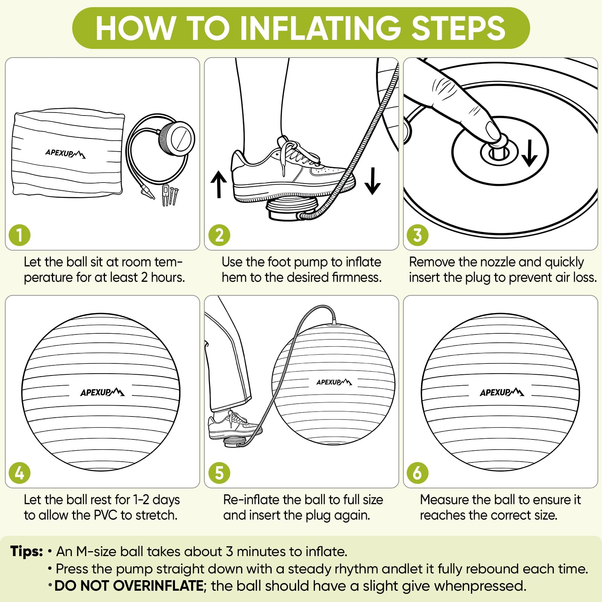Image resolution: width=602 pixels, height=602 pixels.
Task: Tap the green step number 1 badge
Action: [x=20, y=235]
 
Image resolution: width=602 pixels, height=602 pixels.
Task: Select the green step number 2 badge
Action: [x=219, y=235]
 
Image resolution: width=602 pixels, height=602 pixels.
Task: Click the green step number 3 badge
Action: [x=418, y=235]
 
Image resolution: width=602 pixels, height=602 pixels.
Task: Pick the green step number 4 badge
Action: [x=20, y=473]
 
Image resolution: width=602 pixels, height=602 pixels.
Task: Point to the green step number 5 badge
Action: [x=219, y=473]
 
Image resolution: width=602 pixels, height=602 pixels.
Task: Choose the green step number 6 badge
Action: [x=418, y=473]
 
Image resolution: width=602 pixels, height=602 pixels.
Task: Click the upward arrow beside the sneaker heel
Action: [x=219, y=184]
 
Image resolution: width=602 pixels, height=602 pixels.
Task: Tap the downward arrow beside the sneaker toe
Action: [x=372, y=181]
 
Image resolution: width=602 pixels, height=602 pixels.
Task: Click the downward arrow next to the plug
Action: [x=529, y=153]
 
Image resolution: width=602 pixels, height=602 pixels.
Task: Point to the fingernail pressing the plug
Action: [x=493, y=130]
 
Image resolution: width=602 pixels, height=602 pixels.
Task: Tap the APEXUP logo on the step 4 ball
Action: [x=102, y=392]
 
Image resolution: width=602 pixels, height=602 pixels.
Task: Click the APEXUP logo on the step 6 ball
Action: [x=502, y=392]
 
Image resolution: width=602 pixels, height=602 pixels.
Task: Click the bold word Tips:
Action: [x=27, y=551]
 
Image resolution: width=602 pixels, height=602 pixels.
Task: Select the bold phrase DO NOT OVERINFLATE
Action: [x=129, y=586]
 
